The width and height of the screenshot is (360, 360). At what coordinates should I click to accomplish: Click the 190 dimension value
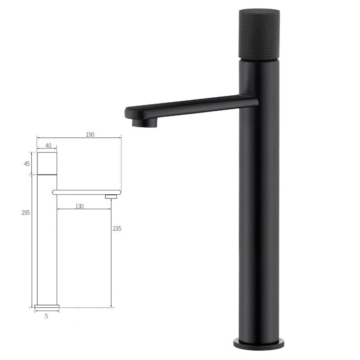tap(90, 135)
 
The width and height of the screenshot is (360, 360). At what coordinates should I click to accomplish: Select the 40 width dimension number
tap(48, 146)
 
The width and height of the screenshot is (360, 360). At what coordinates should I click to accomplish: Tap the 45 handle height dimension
tap(27, 164)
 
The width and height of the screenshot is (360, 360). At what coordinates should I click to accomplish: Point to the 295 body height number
tap(26, 213)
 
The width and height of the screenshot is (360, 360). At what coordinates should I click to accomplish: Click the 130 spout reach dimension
tap(79, 206)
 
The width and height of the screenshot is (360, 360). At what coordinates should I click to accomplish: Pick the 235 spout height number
tap(117, 229)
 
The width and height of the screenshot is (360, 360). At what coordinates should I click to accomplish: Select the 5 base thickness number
tap(46, 316)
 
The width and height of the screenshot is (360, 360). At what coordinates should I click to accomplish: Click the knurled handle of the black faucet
tap(259, 34)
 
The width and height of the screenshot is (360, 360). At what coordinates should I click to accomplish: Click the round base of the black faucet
tap(259, 343)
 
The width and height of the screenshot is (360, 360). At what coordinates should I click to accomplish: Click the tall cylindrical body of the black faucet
tap(259, 216)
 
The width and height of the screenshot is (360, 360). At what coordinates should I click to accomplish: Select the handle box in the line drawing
tap(47, 163)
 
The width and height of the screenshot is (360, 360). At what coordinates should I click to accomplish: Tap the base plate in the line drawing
tap(47, 306)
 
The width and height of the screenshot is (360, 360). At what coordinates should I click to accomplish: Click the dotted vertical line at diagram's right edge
tap(121, 162)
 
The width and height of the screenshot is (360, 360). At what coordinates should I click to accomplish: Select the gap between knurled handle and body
tap(259, 60)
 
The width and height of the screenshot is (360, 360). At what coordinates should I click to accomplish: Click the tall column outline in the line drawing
tap(47, 243)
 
